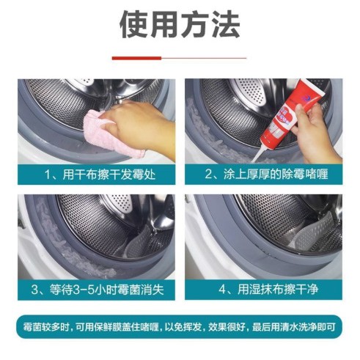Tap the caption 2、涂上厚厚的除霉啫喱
tap(264, 175)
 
